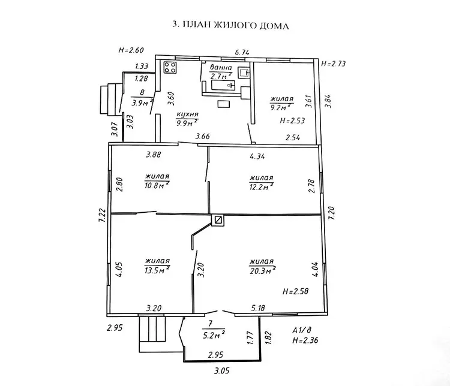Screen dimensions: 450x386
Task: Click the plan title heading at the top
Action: pos(230,25)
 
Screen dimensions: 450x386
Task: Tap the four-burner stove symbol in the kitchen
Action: pos(170,67)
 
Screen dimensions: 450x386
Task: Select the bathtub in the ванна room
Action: pos(223,85)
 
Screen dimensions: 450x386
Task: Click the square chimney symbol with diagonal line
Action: pos(218,220)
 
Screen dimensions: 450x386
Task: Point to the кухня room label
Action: pos(187,114)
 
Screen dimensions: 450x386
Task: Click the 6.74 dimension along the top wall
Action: pos(242,52)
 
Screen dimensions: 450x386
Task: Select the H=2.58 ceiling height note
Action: pos(296,292)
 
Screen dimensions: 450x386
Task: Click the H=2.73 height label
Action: pos(333,64)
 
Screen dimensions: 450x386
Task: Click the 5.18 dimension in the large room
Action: pos(258,308)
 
